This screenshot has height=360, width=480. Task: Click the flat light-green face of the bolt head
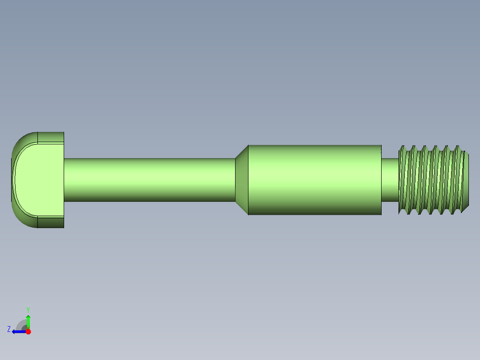(x=40, y=180)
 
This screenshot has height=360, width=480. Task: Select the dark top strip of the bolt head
(x=50, y=137)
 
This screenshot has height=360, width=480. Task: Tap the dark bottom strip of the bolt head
(x=50, y=222)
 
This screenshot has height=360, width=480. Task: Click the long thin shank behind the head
(x=149, y=180)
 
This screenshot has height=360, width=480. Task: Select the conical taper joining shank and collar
(x=241, y=180)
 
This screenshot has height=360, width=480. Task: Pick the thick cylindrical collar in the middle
(x=314, y=180)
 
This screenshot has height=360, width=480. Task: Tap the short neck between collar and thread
(x=390, y=180)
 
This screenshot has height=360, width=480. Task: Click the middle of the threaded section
(x=432, y=180)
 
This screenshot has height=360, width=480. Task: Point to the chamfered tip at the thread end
(x=466, y=180)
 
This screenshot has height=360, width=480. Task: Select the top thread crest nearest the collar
(x=403, y=147)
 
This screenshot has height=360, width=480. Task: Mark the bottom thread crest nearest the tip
(x=456, y=212)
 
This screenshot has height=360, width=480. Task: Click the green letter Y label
(x=28, y=309)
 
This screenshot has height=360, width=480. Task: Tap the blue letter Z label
(x=9, y=329)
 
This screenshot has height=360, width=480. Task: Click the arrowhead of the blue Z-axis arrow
(x=14, y=331)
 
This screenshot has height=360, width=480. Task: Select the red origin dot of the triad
(x=28, y=331)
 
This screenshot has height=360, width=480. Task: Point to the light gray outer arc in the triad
(x=19, y=323)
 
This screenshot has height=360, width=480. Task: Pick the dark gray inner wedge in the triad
(x=24, y=328)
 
